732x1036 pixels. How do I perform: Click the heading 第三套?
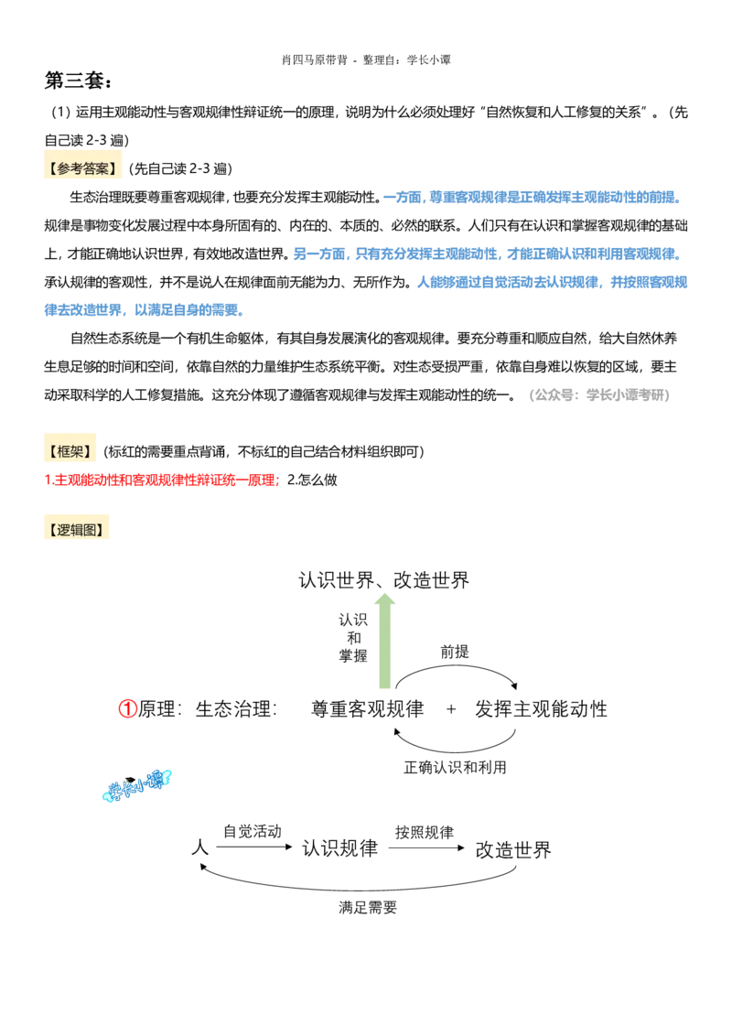pos(78,81)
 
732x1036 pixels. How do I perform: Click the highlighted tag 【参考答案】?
pos(82,168)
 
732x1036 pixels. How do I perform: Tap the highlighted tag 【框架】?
pos(70,451)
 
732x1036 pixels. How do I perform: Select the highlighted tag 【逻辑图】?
pos(77,529)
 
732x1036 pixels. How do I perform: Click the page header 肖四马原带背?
pos(315,60)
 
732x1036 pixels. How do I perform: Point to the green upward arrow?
pos(384,641)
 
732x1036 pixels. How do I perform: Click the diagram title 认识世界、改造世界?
pos(383,580)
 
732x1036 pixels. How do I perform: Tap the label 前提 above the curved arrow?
pos(455,653)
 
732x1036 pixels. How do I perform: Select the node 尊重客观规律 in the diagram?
pos(367,709)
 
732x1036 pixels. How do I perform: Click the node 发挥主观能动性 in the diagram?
pos(541,709)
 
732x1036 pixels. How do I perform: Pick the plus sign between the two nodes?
pos(451,709)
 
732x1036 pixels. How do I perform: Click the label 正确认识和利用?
pos(455,767)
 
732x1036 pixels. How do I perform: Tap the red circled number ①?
pos(127,709)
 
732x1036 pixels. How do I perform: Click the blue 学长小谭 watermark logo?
pos(137,785)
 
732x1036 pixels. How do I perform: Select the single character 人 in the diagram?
pos(199,847)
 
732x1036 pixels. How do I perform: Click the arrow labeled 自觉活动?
pos(254,847)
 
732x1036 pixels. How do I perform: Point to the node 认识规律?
pos(339,847)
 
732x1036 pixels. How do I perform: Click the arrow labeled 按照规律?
pos(426,847)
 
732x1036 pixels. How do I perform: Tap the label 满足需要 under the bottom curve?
pos(367,907)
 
